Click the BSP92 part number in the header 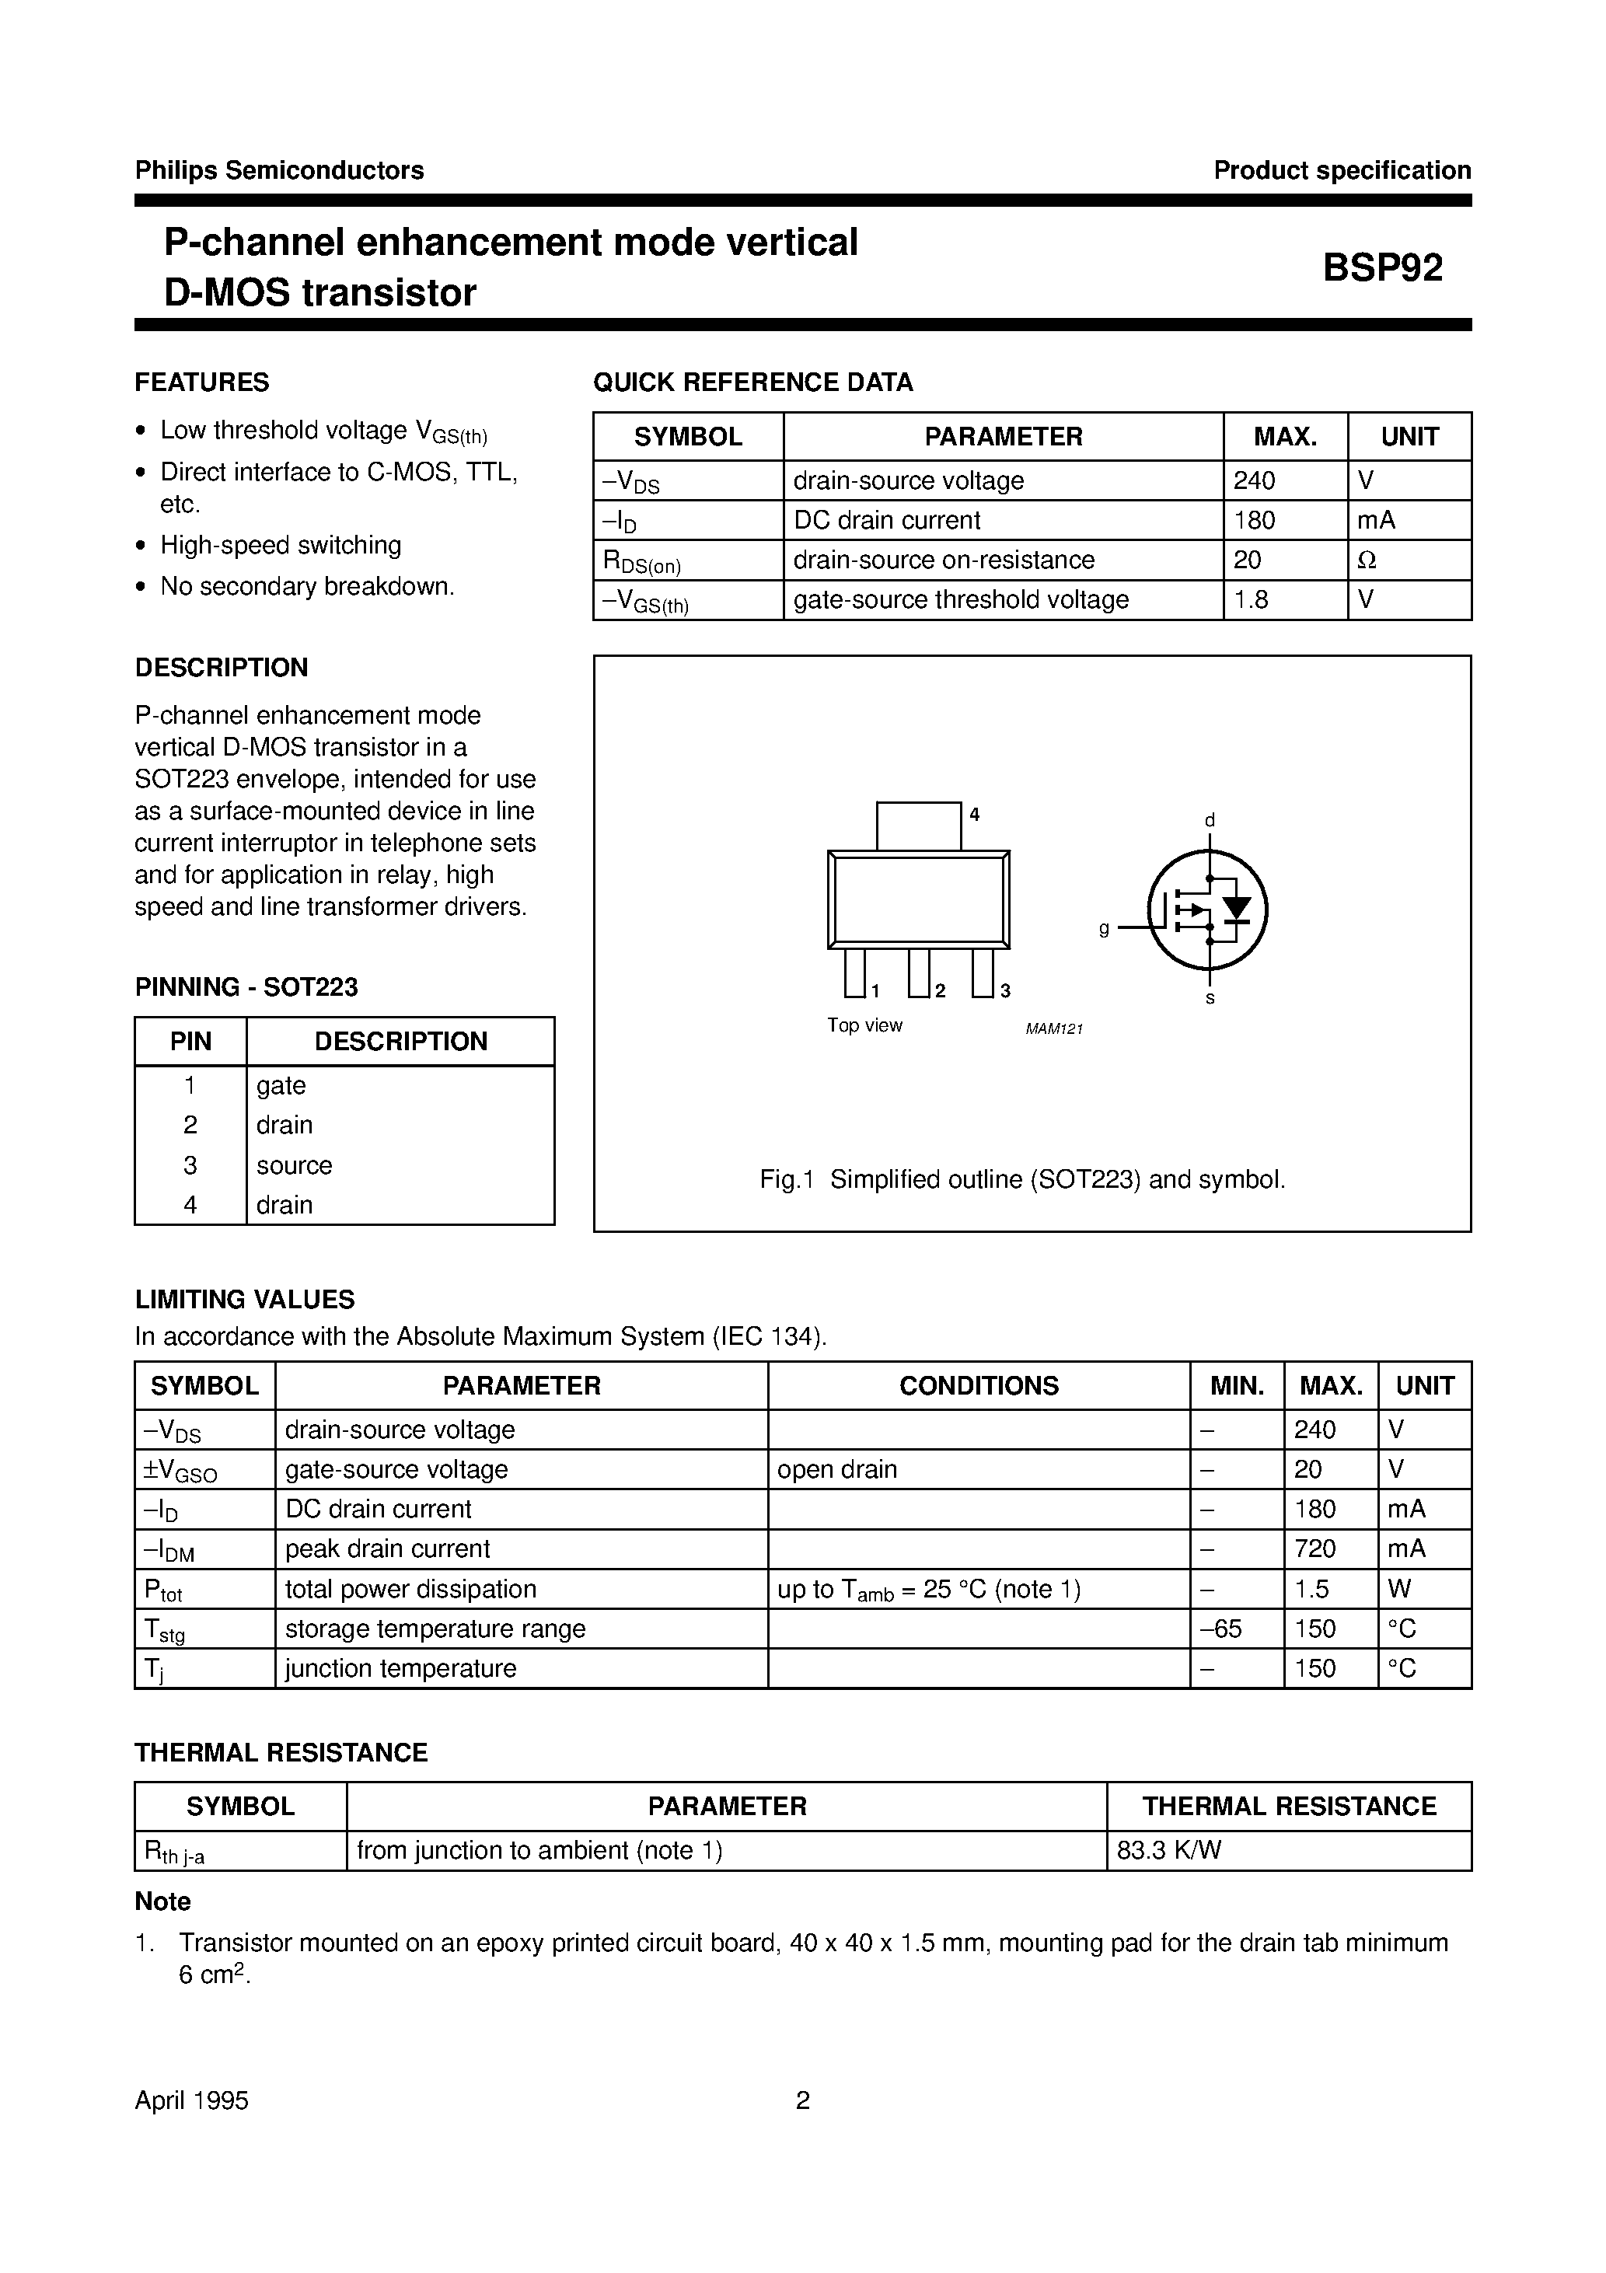(1382, 267)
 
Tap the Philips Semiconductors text (279, 170)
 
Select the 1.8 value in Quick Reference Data (1252, 600)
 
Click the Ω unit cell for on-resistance (1367, 560)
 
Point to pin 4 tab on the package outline (918, 826)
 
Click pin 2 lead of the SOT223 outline (919, 972)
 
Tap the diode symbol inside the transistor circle (1236, 908)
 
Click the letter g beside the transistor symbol (1104, 929)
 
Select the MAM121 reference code (1053, 1028)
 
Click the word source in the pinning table (294, 1165)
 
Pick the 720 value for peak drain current (1315, 1549)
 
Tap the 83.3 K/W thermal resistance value (1168, 1850)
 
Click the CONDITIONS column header (978, 1386)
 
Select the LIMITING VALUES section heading (245, 1300)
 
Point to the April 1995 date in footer (191, 2100)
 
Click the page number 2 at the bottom (802, 2100)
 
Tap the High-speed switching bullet (280, 546)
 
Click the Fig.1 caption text (1021, 1179)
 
